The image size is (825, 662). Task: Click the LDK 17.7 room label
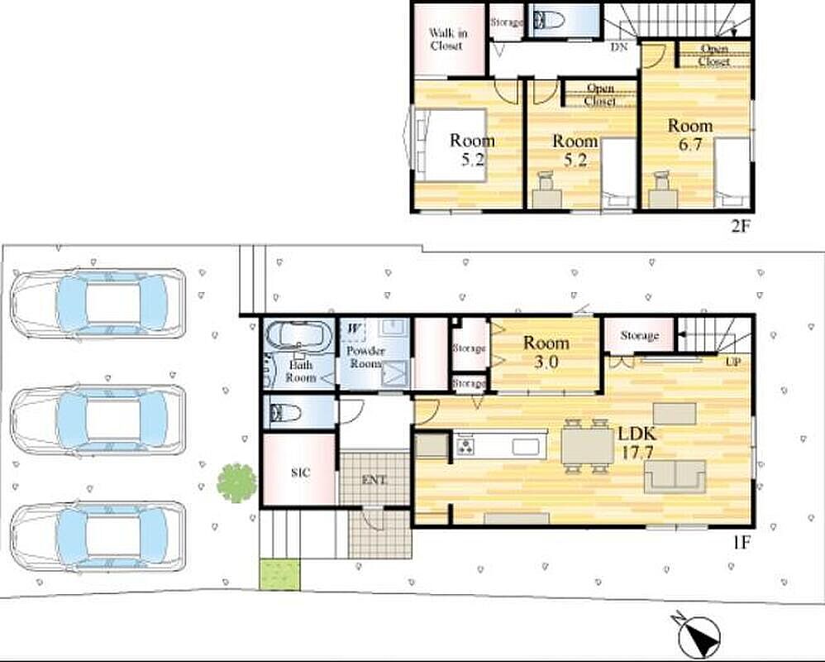[x=637, y=443]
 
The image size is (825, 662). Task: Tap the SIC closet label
[x=300, y=473]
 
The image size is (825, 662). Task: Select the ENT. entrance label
[x=374, y=480]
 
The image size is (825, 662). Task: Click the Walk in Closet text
[x=448, y=39]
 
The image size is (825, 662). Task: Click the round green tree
[x=236, y=482]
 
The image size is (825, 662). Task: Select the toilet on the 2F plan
[x=548, y=21]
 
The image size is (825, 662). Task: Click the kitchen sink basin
[x=526, y=447]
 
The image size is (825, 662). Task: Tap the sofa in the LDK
[x=675, y=476]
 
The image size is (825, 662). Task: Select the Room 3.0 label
[x=546, y=353]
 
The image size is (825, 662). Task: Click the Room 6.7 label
[x=690, y=134]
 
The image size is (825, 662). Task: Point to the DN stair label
[x=619, y=47]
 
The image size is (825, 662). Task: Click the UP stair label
[x=733, y=362]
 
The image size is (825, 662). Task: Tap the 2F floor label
[x=739, y=226]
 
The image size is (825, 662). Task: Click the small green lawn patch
[x=280, y=574]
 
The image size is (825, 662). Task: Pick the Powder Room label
[x=365, y=357]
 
